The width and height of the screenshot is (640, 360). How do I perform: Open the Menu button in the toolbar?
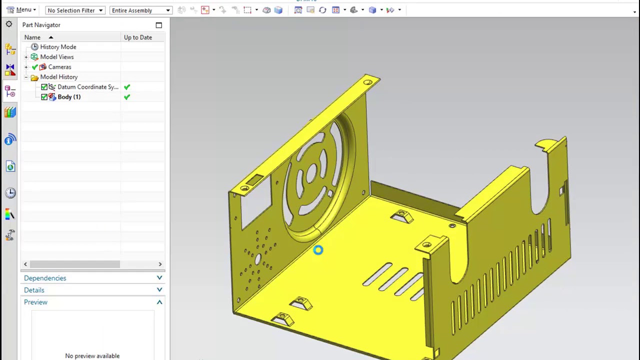tap(20, 10)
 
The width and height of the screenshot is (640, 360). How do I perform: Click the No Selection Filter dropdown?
tap(74, 10)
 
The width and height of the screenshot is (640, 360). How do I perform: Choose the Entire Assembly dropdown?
tap(140, 10)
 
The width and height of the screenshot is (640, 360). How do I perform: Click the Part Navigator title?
tap(41, 25)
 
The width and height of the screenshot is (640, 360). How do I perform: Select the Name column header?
tap(32, 37)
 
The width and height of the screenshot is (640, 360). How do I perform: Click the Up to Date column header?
tap(138, 37)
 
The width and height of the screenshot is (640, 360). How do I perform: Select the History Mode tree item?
tap(58, 47)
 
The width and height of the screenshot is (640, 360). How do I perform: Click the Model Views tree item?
tap(56, 57)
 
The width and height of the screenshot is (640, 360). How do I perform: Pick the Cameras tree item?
tap(59, 67)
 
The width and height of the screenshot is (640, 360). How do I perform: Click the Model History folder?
tap(58, 77)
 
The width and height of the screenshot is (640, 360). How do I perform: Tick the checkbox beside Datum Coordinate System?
tap(44, 87)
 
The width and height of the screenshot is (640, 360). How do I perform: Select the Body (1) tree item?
tap(68, 97)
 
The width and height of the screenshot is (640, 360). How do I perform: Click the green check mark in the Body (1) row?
tap(127, 97)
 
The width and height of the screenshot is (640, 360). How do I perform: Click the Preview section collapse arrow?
tap(159, 302)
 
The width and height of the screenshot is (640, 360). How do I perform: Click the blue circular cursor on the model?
tap(318, 250)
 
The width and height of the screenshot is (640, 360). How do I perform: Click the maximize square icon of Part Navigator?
tap(159, 25)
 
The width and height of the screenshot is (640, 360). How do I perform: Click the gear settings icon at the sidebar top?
tap(9, 24)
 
